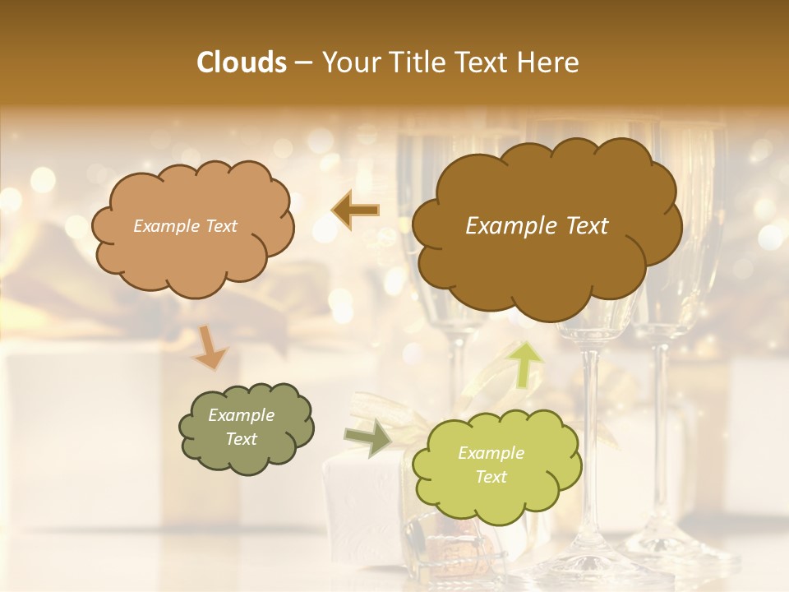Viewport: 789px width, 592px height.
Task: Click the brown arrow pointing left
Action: pyautogui.click(x=355, y=210)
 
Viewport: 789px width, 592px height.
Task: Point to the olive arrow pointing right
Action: pyautogui.click(x=367, y=437)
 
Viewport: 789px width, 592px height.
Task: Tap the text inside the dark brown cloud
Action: pyautogui.click(x=537, y=226)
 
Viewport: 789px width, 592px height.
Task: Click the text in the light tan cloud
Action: pyautogui.click(x=185, y=226)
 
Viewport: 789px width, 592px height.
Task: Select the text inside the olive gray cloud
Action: pyautogui.click(x=241, y=428)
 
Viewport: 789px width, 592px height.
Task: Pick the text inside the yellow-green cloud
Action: pyautogui.click(x=491, y=465)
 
